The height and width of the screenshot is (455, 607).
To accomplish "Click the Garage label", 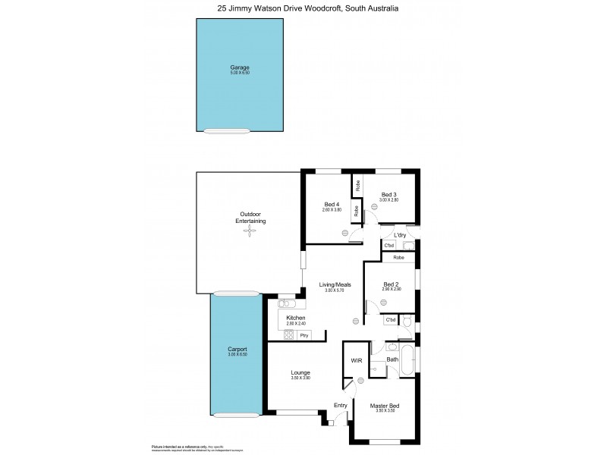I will click(x=240, y=67).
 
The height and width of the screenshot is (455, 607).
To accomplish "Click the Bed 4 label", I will click(x=332, y=205).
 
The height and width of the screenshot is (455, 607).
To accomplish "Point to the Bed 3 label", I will click(x=389, y=194).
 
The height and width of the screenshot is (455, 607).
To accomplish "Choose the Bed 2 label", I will click(x=391, y=284).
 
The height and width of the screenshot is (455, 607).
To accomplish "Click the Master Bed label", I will click(x=384, y=406).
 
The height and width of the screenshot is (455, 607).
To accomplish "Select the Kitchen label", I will click(x=295, y=317).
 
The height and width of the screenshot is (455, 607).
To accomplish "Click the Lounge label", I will click(x=300, y=372).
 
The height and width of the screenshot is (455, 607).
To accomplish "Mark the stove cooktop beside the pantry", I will click(x=288, y=334).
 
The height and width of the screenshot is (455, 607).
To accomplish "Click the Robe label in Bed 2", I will click(x=398, y=258).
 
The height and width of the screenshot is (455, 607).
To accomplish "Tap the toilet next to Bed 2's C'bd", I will click(x=407, y=322).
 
